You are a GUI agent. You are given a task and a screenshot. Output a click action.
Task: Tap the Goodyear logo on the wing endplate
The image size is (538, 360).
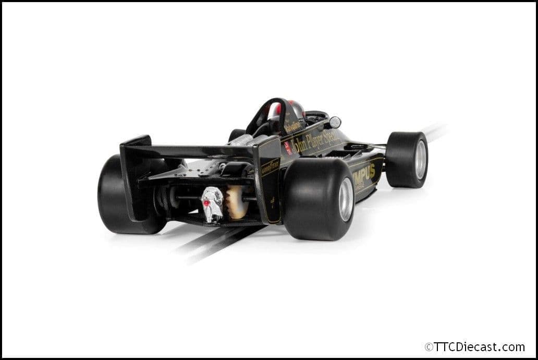[270, 167]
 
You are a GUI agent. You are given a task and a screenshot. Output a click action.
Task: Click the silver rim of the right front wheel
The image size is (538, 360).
[420, 159]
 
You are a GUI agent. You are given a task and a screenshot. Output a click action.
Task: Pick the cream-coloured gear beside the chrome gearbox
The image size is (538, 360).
[235, 201]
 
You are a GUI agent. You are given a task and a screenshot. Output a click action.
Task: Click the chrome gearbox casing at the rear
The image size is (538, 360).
[213, 204]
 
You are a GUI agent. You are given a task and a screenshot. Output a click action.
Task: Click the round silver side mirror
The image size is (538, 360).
[335, 123]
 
